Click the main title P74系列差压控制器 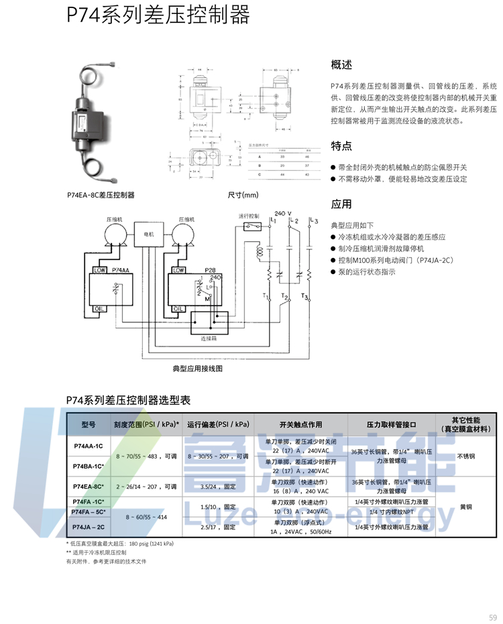coord(158,15)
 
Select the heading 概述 coord(341,65)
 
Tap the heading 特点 coord(341,146)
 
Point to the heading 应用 coord(341,204)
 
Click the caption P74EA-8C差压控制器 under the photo coord(101,195)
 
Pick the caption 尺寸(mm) coord(243,195)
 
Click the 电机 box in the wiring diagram coord(150,235)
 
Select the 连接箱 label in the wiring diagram coord(209,339)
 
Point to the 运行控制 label coord(249,216)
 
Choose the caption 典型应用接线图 coord(197,369)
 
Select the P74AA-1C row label coord(89,446)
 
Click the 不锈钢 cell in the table coord(465,456)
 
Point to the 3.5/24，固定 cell coord(219,487)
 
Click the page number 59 coord(492,617)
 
